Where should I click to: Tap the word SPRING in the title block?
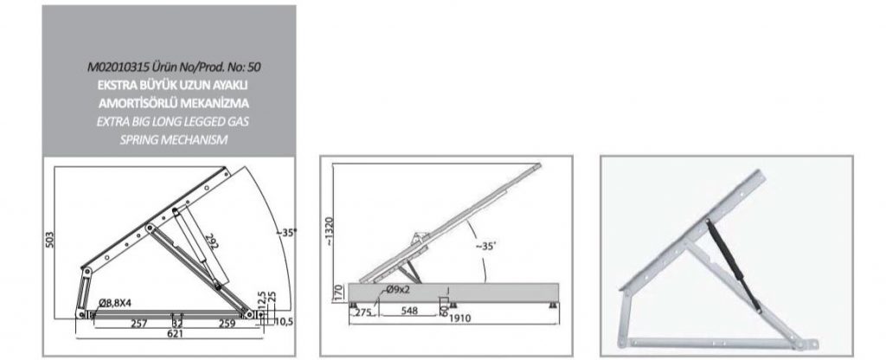pyautogui.click(x=138, y=139)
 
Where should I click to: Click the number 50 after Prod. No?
pyautogui.click(x=254, y=67)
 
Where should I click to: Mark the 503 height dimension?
pyautogui.click(x=49, y=240)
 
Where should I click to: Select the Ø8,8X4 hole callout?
pyautogui.click(x=115, y=303)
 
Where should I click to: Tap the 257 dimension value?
pyautogui.click(x=139, y=324)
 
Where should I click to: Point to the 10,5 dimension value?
pyautogui.click(x=284, y=322)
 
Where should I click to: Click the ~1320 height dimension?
pyautogui.click(x=330, y=232)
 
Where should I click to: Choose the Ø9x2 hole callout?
pyautogui.click(x=397, y=291)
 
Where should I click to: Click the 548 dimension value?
pyautogui.click(x=408, y=312)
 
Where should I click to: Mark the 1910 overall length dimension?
pyautogui.click(x=460, y=318)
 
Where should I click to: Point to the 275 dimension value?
pyautogui.click(x=363, y=312)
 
